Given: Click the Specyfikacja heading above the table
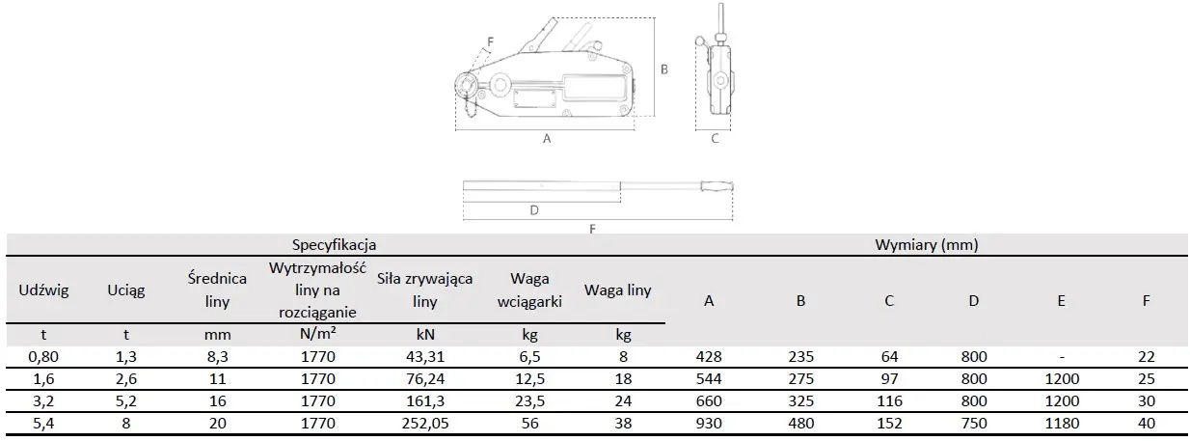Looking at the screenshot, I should click(334, 245).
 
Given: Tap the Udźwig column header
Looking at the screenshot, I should click(43, 289).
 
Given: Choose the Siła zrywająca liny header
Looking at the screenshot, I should click(424, 289).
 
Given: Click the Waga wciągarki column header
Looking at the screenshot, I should click(528, 289).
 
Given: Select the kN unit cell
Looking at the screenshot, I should click(424, 334).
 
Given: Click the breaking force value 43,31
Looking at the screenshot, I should click(424, 356).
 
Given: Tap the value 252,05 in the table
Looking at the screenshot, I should click(424, 423).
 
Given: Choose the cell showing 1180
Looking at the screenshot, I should click(1061, 423).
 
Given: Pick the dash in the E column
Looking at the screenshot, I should click(1061, 356).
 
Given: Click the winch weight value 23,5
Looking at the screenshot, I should click(528, 400).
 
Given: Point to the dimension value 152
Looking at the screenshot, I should click(889, 423).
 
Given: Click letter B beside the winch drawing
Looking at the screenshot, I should click(664, 69).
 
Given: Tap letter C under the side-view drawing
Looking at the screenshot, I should click(715, 139).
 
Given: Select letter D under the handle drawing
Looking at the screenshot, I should click(533, 209).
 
